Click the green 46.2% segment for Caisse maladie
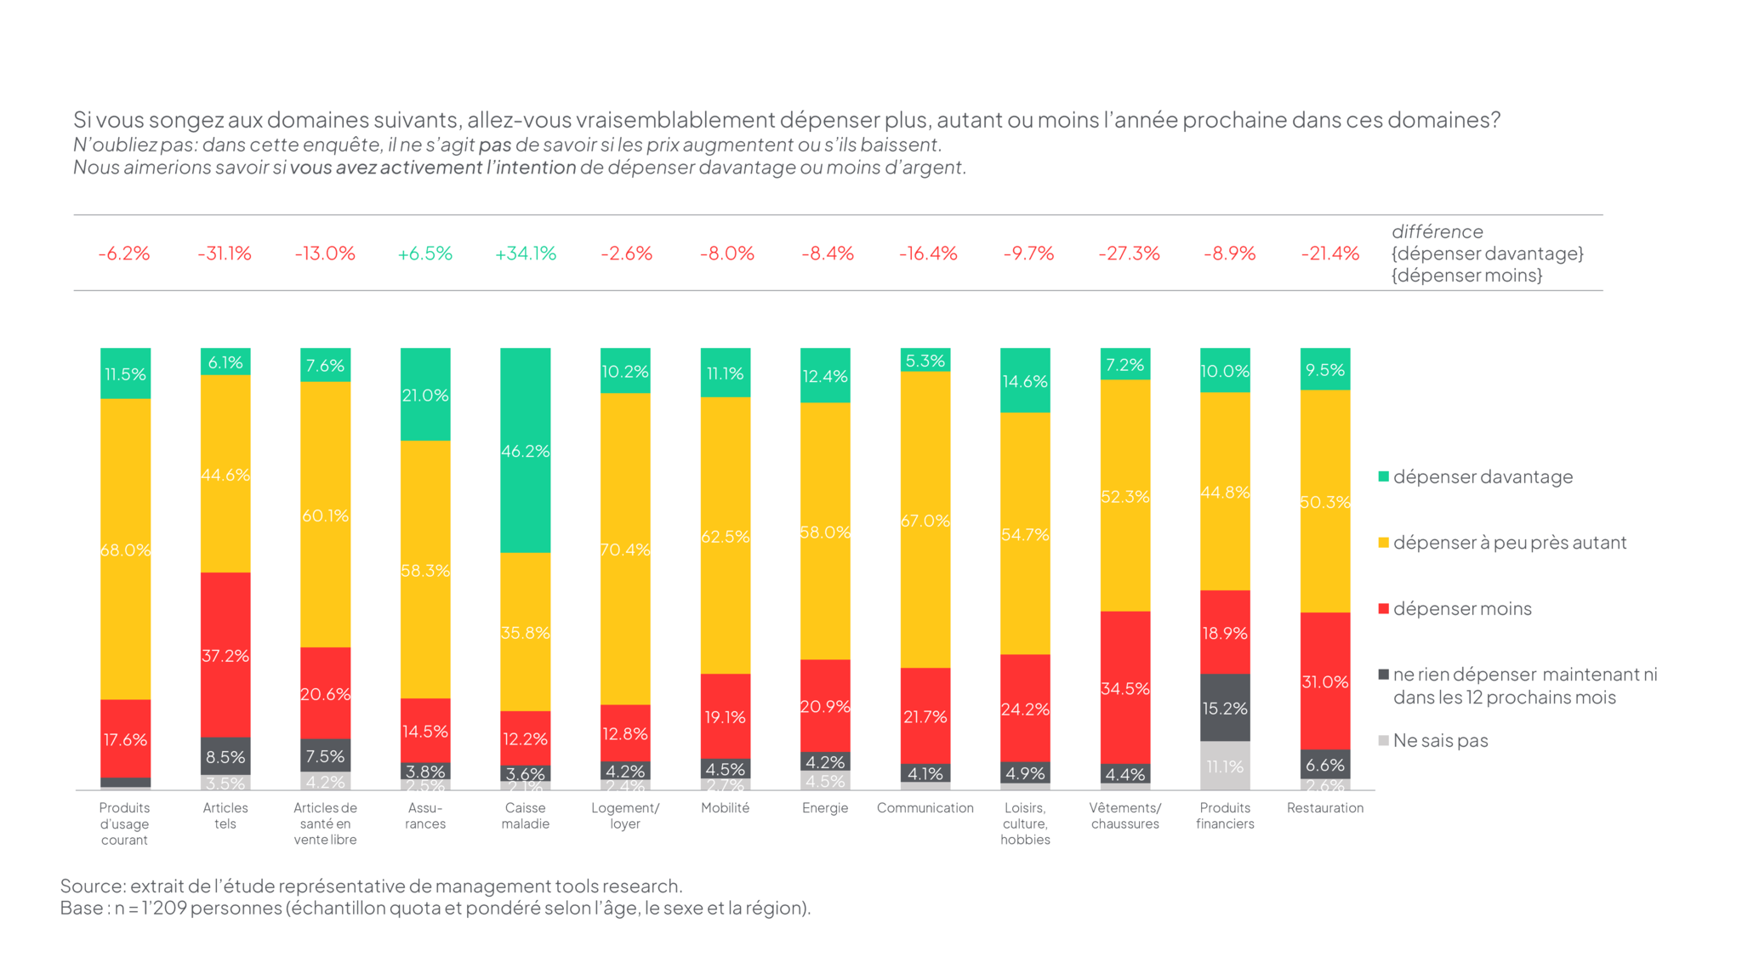(x=525, y=450)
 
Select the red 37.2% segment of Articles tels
(x=225, y=654)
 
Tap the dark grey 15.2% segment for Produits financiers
(x=1225, y=707)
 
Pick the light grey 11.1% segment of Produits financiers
(x=1225, y=766)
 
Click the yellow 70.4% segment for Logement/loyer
(x=625, y=549)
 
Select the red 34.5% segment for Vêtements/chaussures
(x=1124, y=687)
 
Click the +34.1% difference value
(x=525, y=254)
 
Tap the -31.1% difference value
(x=225, y=254)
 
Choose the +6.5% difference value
(x=425, y=254)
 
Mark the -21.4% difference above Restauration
(x=1329, y=254)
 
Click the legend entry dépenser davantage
(x=1482, y=476)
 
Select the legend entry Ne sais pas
(x=1439, y=740)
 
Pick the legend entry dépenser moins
(x=1461, y=608)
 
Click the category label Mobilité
(x=725, y=807)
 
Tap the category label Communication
(x=925, y=807)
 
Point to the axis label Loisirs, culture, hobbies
(x=1025, y=823)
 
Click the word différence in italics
(x=1437, y=231)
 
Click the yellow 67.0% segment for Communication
(x=925, y=520)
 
